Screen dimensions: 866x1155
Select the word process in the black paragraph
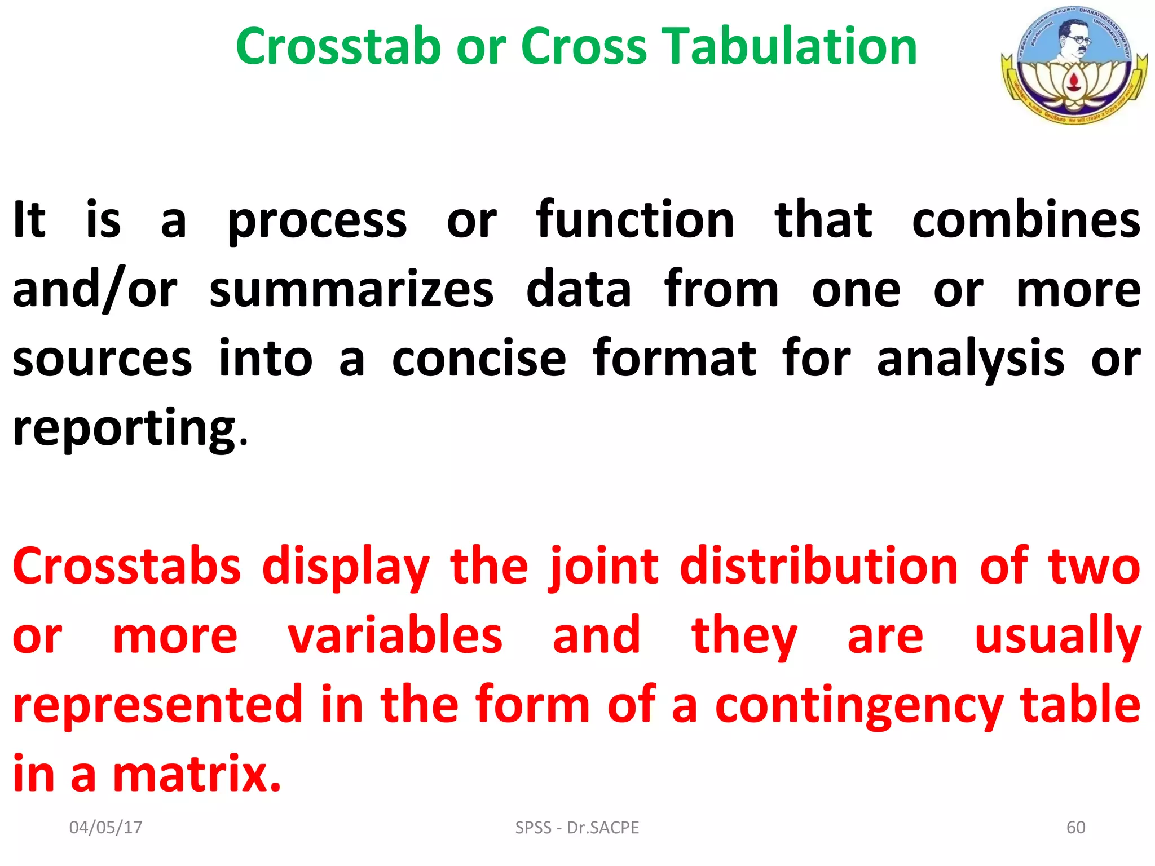(x=317, y=221)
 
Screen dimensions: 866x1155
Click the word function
(x=635, y=220)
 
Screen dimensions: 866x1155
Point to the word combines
(x=1026, y=220)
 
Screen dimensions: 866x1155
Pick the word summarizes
(x=351, y=290)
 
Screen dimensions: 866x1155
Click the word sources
(x=102, y=360)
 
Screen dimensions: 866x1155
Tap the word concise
(x=479, y=359)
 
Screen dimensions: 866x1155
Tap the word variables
(x=395, y=636)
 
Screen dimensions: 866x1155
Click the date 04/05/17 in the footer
(x=105, y=827)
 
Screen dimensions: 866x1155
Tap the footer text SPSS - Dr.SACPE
(x=577, y=827)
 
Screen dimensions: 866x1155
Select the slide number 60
(x=1075, y=827)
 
